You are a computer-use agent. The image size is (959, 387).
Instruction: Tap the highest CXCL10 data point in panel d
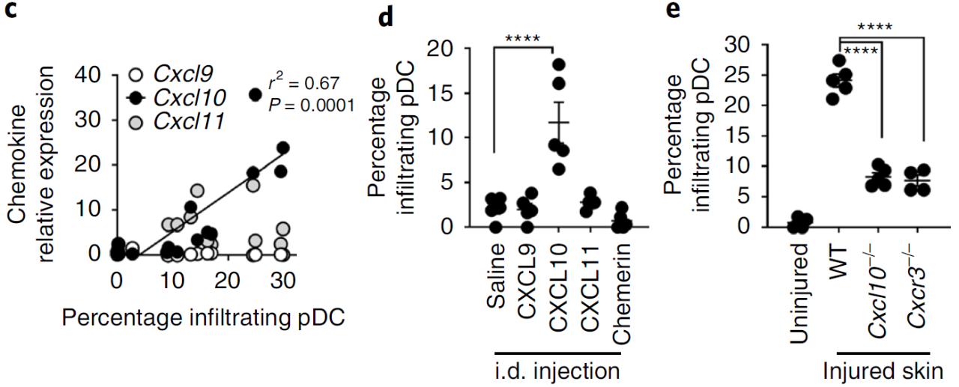pos(558,64)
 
